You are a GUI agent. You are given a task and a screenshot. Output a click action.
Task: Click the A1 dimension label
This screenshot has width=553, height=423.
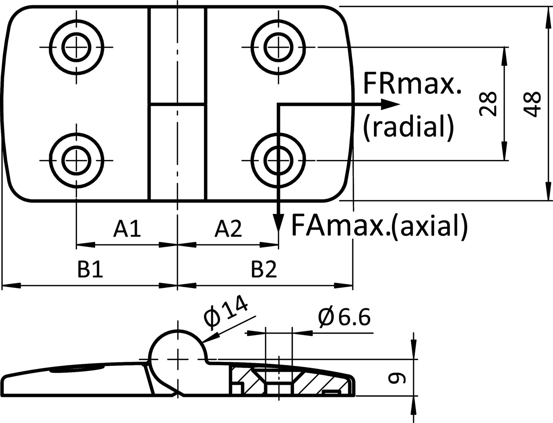click(127, 229)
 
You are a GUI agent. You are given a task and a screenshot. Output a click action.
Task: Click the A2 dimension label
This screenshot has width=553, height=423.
click(228, 229)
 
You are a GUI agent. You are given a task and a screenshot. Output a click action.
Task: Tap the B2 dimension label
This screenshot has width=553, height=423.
click(264, 270)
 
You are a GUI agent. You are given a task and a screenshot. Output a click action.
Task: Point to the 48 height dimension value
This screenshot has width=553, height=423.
click(532, 105)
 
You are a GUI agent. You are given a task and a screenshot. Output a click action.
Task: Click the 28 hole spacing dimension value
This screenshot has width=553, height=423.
click(488, 104)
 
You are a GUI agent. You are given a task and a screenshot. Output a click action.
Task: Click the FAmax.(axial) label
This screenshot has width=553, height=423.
click(379, 225)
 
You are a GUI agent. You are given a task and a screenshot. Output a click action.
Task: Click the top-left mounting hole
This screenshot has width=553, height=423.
click(76, 47)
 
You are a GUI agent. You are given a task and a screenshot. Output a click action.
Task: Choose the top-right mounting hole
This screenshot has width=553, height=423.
click(278, 47)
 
